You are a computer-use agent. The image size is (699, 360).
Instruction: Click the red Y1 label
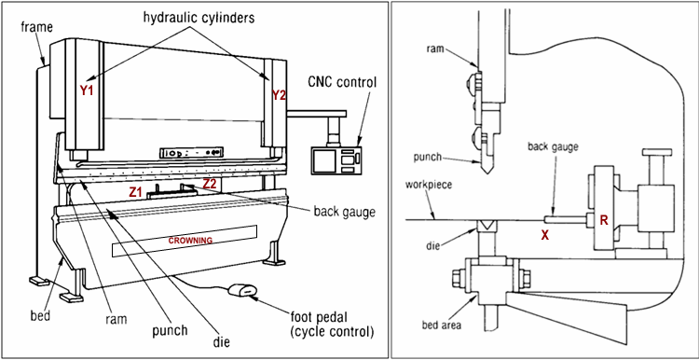tap(87, 90)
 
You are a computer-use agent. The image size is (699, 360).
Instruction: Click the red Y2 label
tap(279, 95)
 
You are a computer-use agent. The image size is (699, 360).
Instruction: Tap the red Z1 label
tap(135, 192)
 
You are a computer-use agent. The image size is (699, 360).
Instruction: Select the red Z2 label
tap(210, 184)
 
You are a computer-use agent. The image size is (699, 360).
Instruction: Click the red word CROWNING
tap(190, 241)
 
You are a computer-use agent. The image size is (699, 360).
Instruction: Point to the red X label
tap(545, 236)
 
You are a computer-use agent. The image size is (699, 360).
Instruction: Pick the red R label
tap(604, 220)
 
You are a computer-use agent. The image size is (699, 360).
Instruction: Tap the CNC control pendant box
tap(336, 159)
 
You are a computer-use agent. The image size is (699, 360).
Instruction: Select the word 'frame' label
tap(37, 27)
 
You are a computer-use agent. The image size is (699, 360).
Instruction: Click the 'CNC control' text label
tap(342, 82)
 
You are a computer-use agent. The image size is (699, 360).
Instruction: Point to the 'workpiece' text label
tap(429, 185)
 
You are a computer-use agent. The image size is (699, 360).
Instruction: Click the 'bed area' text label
tap(442, 325)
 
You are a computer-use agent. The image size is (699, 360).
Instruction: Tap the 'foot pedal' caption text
tap(320, 319)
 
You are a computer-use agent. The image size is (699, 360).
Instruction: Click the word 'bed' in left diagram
tap(40, 316)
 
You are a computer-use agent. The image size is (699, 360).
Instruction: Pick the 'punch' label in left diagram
tap(169, 330)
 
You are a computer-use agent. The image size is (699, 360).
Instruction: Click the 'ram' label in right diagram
tap(434, 48)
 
